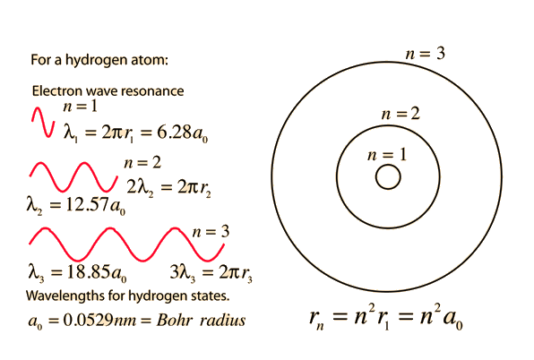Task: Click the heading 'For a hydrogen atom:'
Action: coord(99,60)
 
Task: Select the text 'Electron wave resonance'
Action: coord(108,90)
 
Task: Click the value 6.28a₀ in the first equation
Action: coord(182,133)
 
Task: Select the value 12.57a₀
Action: coord(95,205)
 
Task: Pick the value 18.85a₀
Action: coord(97,272)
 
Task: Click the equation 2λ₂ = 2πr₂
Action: coord(169,188)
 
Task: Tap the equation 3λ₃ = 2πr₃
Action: coord(211,273)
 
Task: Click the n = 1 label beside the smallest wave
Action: coord(81,107)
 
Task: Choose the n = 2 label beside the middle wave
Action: coord(142,163)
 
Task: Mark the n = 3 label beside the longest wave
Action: coord(211,232)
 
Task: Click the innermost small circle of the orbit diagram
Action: coord(388,165)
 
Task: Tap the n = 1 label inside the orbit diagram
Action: coord(387,155)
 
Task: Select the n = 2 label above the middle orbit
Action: coord(400,114)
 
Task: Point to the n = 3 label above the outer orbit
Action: coord(426,54)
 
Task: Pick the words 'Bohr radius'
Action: coord(201,321)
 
